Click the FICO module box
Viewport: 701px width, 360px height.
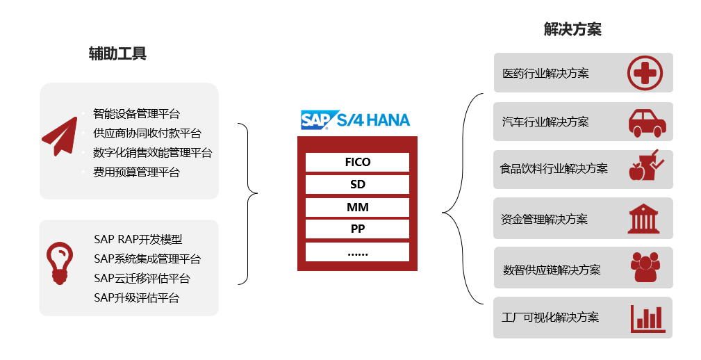click(x=357, y=162)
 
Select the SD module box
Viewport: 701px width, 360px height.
click(x=357, y=184)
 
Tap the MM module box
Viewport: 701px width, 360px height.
click(x=357, y=207)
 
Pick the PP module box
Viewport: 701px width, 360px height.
click(x=357, y=229)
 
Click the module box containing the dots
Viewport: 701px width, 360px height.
click(x=357, y=252)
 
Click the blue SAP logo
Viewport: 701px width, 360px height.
click(x=316, y=120)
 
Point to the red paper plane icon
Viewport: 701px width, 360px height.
click(x=60, y=136)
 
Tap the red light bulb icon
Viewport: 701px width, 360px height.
click(x=60, y=263)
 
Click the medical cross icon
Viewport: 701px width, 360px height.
click(x=645, y=72)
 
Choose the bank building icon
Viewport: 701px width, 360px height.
click(x=643, y=219)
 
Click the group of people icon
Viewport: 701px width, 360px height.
click(x=645, y=267)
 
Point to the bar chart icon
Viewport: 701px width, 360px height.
click(x=648, y=318)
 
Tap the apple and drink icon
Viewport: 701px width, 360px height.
click(x=646, y=165)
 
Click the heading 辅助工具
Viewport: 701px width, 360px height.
click(x=117, y=54)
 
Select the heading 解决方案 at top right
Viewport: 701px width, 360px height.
click(x=572, y=29)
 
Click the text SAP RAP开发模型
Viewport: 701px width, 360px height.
click(x=138, y=239)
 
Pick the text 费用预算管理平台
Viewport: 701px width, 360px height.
click(x=136, y=172)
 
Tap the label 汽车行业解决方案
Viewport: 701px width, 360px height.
click(x=545, y=122)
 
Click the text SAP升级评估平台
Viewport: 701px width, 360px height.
click(x=137, y=298)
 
